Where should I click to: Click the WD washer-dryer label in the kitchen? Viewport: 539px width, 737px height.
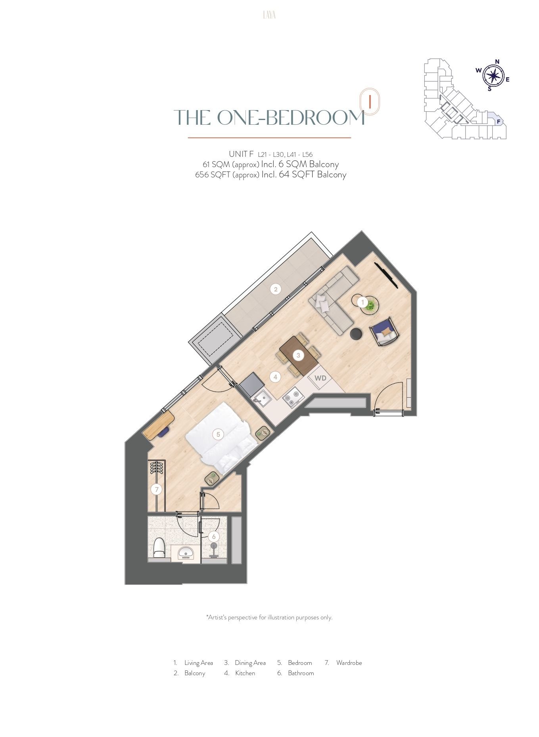[320, 378]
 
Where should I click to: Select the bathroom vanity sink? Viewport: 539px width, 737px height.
[186, 552]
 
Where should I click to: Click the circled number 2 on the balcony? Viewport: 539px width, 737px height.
[276, 289]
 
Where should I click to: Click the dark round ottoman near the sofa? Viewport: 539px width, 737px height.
[356, 334]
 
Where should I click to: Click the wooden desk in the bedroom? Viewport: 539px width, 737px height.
[159, 425]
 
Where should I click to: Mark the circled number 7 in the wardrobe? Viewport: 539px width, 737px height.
[157, 489]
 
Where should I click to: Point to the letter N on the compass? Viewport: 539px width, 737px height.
[497, 61]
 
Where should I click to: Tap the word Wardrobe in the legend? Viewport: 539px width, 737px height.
[349, 663]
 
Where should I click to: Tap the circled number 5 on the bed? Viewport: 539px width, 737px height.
[218, 434]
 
